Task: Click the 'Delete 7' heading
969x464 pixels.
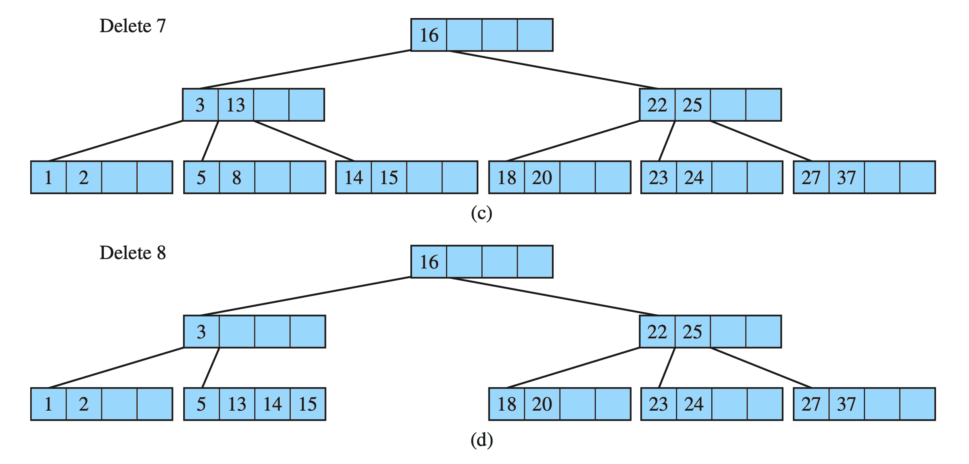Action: [x=133, y=26]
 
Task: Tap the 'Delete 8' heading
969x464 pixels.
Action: [x=133, y=253]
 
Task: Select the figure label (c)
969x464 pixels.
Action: [x=481, y=214]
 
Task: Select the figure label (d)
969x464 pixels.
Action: [x=481, y=440]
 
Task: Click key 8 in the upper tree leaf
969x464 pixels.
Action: [x=237, y=178]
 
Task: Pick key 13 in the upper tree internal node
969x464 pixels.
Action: [x=236, y=105]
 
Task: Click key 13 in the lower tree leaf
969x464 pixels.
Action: [x=237, y=404]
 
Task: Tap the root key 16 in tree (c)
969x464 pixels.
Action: [x=429, y=35]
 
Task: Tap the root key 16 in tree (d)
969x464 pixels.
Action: [x=429, y=262]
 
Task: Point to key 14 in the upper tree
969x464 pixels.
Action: [x=353, y=178]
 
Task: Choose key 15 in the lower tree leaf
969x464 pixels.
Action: [x=308, y=404]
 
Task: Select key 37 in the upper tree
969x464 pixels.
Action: [x=846, y=178]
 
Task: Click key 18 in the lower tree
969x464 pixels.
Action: [x=506, y=404]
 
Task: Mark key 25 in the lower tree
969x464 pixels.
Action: [x=692, y=332]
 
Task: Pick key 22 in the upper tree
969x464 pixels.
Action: [x=657, y=105]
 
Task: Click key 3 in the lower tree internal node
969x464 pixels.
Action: [x=201, y=332]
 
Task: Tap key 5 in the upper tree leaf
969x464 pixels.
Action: [x=201, y=178]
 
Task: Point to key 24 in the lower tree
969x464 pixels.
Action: [x=694, y=404]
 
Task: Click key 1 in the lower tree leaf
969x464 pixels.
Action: [x=48, y=404]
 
